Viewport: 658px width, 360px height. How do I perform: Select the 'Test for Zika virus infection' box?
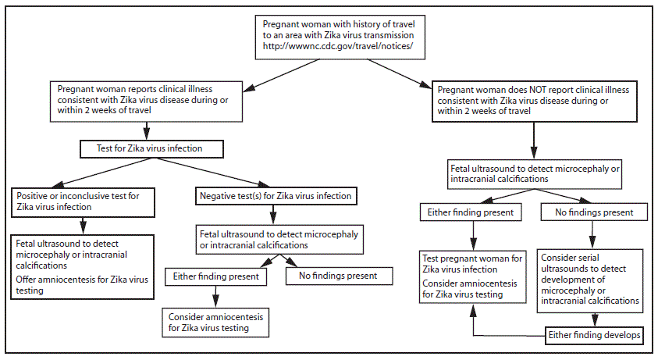pyautogui.click(x=153, y=148)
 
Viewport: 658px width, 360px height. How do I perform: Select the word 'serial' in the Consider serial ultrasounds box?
pyautogui.click(x=589, y=257)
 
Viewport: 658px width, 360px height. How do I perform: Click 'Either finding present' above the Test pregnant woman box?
pyautogui.click(x=468, y=212)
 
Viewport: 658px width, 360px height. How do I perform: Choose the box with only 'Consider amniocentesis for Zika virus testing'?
pyautogui.click(x=215, y=322)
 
